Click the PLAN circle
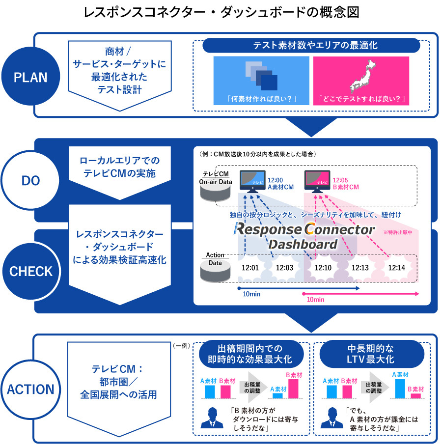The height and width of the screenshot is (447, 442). (x=31, y=78)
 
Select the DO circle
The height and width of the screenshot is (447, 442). (x=31, y=181)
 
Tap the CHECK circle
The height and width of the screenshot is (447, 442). (x=31, y=272)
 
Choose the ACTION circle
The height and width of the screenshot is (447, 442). (x=31, y=389)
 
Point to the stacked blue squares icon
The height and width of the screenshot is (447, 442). (x=261, y=75)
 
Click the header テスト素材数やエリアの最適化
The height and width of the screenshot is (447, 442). (x=311, y=45)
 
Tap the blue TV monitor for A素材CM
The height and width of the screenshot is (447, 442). (x=251, y=181)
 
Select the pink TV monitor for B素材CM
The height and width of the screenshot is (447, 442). (x=317, y=181)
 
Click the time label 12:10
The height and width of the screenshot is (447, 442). (x=323, y=267)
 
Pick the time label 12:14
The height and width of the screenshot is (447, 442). (x=396, y=267)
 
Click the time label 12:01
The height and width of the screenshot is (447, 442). (x=250, y=267)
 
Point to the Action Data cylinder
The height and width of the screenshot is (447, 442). (x=215, y=270)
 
